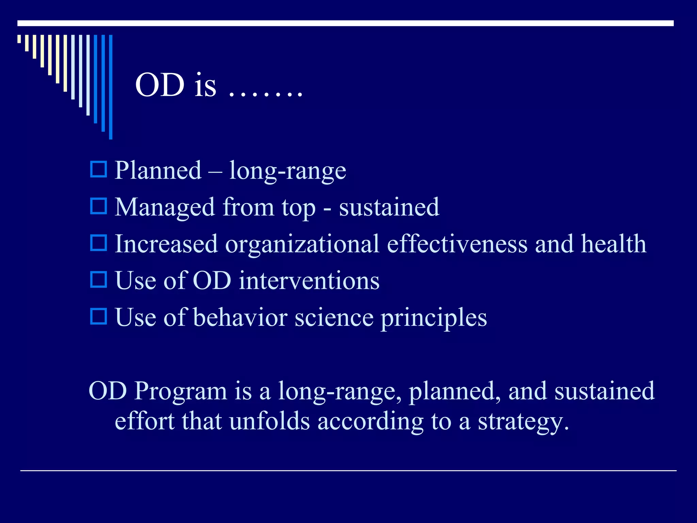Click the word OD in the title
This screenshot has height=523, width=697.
coord(160,85)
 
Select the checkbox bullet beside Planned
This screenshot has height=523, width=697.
coord(99,170)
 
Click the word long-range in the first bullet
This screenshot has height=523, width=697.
coord(288,170)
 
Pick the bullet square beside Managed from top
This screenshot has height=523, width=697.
coord(99,206)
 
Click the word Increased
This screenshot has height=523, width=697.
coord(166,244)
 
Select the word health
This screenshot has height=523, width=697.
coord(614,244)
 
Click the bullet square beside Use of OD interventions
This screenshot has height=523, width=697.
coord(99,280)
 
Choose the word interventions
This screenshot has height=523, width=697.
coord(309,281)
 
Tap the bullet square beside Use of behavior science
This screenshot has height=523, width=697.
coord(99,316)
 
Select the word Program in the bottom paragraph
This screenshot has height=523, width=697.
coord(180,392)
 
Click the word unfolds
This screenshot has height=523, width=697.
coord(270,421)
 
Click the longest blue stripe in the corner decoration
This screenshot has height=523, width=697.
coord(111,87)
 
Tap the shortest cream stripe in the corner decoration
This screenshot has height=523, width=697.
coord(19,39)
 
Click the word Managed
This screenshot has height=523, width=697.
coord(165,208)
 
